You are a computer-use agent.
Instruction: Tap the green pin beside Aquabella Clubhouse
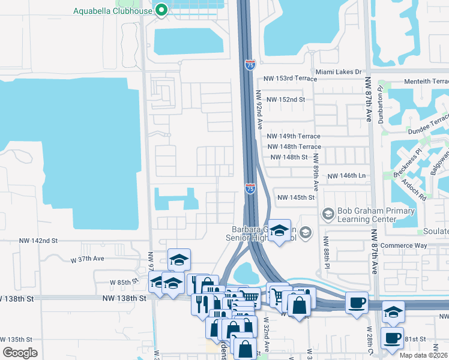pyautogui.click(x=161, y=10)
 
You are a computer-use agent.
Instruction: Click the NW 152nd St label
pyautogui.click(x=286, y=99)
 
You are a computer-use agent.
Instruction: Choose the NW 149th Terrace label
pyautogui.click(x=294, y=137)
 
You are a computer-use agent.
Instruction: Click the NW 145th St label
pyautogui.click(x=296, y=197)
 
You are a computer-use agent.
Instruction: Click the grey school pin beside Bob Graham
pyautogui.click(x=328, y=213)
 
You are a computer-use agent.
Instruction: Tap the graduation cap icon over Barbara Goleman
pyautogui.click(x=279, y=230)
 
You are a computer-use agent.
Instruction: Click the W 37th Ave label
pyautogui.click(x=88, y=259)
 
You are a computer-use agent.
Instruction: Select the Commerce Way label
pyautogui.click(x=406, y=245)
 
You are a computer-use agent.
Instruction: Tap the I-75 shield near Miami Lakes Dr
pyautogui.click(x=250, y=65)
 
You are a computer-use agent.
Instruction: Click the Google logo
pyautogui.click(x=20, y=353)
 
